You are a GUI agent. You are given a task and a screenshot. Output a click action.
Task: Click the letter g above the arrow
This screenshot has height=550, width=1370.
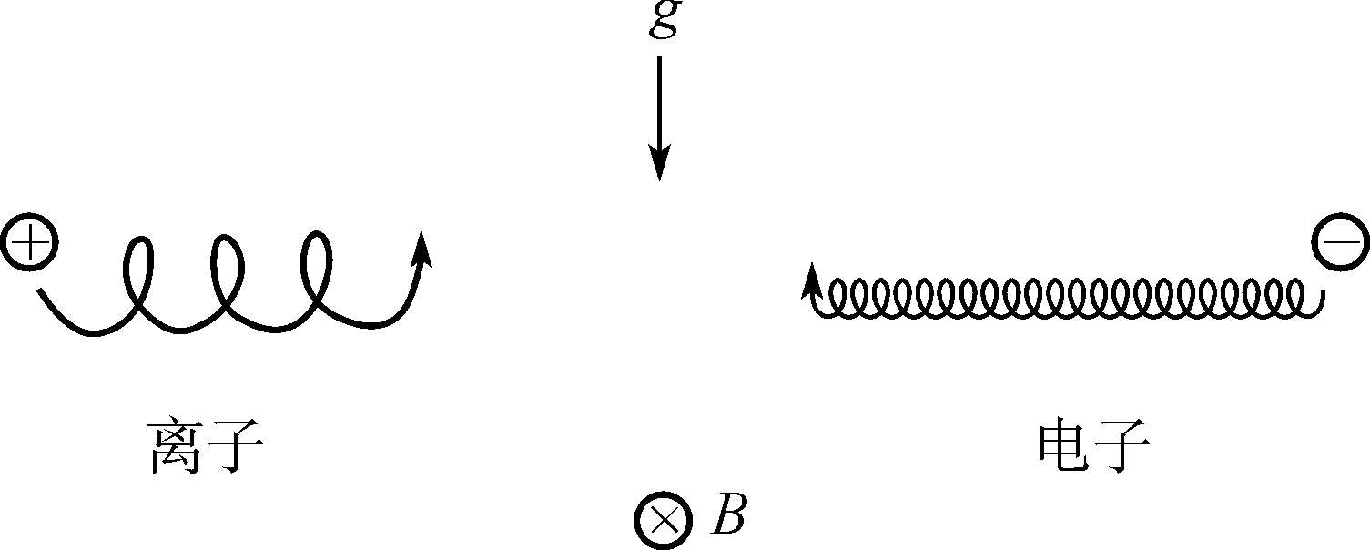point(664,20)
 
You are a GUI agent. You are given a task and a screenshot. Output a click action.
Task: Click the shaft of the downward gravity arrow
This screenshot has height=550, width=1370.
point(659,100)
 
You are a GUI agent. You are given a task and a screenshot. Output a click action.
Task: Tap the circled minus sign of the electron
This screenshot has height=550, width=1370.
point(1338,244)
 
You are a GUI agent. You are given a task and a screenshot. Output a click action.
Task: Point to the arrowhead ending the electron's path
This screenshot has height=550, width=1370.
point(807,282)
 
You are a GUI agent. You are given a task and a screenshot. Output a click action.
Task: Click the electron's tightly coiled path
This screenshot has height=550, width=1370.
point(1065,300)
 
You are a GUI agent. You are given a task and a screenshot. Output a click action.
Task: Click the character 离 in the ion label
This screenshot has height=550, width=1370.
point(174,447)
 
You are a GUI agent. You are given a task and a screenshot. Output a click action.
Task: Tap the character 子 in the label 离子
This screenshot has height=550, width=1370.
point(235,447)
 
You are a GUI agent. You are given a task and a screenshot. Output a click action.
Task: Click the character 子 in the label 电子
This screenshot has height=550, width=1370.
point(1122,446)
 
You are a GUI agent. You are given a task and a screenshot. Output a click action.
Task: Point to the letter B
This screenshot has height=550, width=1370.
point(728,516)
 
